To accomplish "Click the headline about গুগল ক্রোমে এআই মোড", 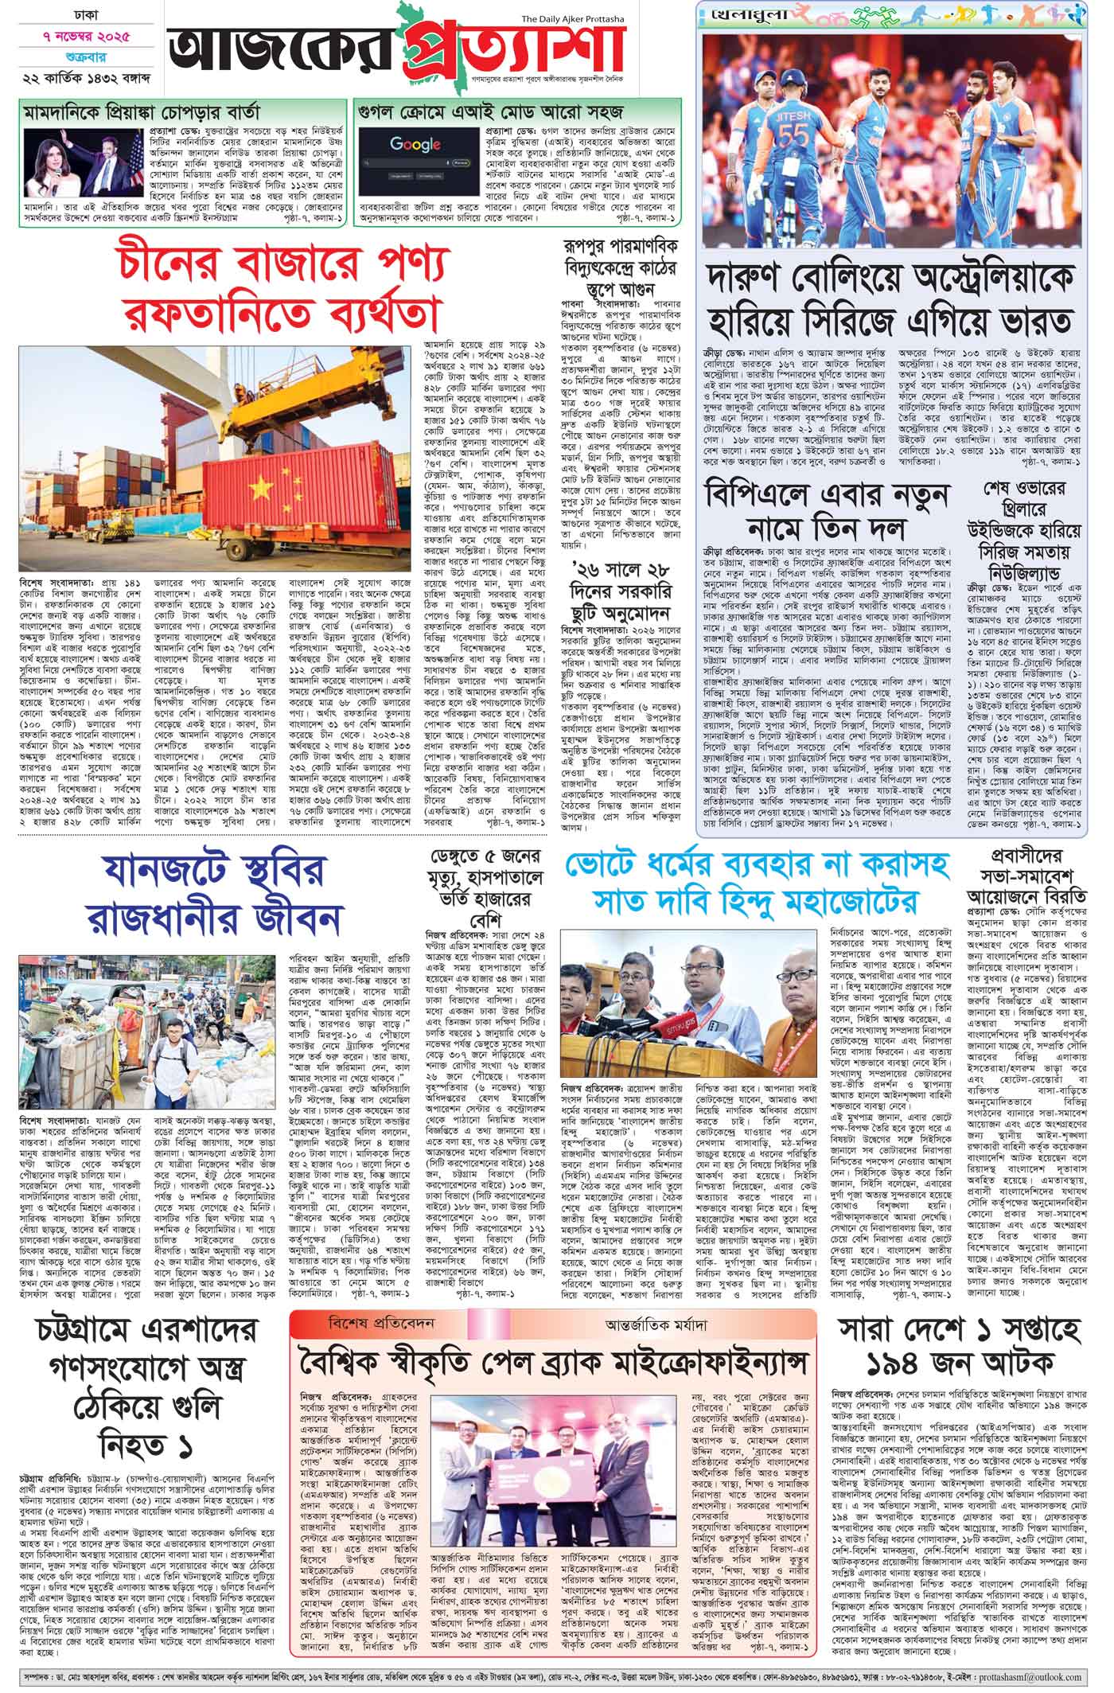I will click(491, 110).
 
